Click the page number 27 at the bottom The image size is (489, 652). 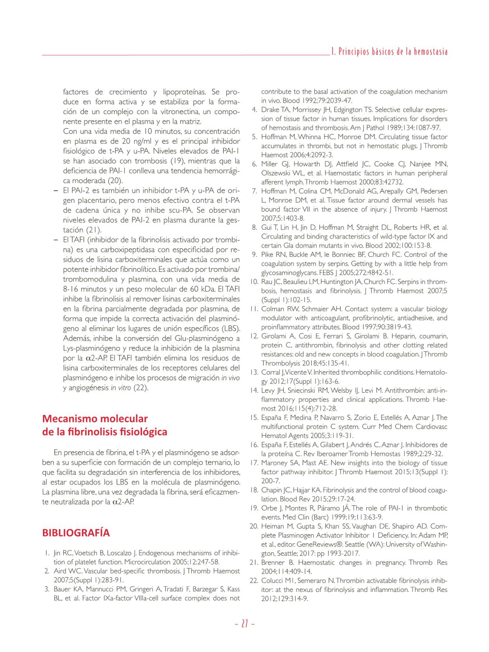[x=245, y=624]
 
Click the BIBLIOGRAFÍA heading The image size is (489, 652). [x=76, y=533]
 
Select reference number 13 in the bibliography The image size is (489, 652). [x=253, y=372]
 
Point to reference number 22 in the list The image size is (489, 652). [x=253, y=580]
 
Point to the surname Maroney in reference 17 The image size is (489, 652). [x=275, y=463]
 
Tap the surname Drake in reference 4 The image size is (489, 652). [x=269, y=110]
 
